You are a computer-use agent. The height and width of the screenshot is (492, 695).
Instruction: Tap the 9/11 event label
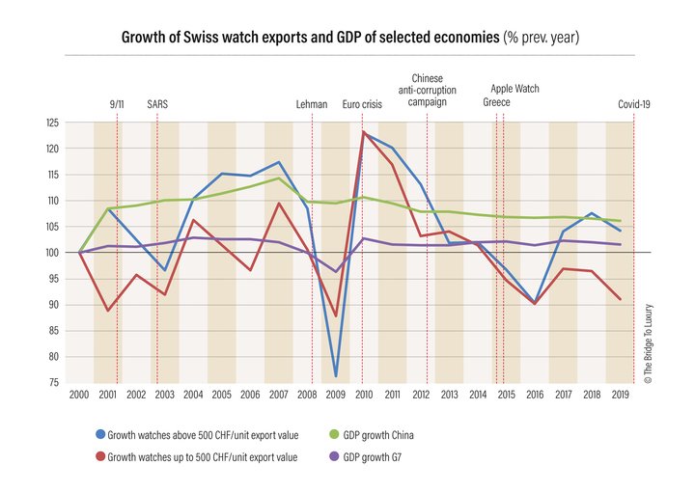pyautogui.click(x=117, y=104)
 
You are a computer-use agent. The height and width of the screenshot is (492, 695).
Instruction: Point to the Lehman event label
pyautogui.click(x=312, y=104)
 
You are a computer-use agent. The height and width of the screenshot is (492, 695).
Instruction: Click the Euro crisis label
pyautogui.click(x=361, y=104)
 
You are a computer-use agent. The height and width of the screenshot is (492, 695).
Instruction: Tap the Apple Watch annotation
pyautogui.click(x=515, y=89)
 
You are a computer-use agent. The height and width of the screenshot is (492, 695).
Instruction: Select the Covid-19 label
pyautogui.click(x=634, y=104)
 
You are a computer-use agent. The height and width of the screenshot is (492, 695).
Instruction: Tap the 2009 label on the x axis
pyautogui.click(x=335, y=396)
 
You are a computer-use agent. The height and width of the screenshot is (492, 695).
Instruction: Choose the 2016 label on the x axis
pyautogui.click(x=534, y=396)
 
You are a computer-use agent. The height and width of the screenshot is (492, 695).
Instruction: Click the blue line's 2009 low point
pyautogui.click(x=335, y=376)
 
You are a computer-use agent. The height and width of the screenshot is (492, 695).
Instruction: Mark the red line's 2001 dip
pyautogui.click(x=108, y=310)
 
